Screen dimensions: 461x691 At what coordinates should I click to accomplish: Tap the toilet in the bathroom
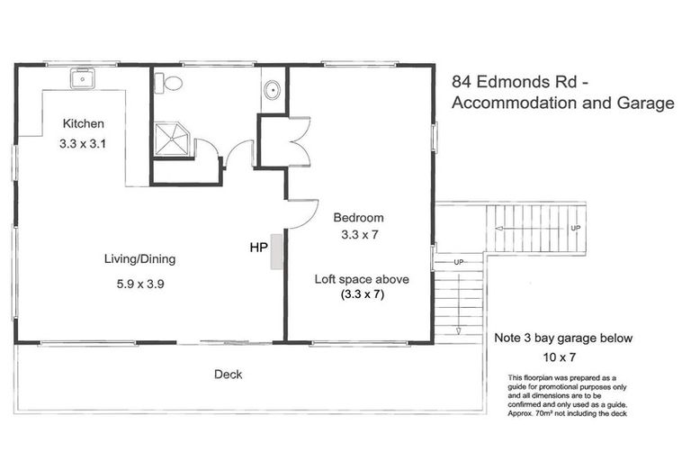[x=168, y=84]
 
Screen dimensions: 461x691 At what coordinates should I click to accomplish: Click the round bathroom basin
[x=273, y=89]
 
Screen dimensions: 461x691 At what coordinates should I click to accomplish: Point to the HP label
[x=259, y=245]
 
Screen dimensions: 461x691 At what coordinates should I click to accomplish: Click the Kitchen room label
[x=84, y=123]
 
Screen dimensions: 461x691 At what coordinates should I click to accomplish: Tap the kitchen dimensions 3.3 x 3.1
[x=84, y=142]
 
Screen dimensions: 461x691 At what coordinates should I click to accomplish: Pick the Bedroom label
[x=358, y=217]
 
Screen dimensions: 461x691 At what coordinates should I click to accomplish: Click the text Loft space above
[x=362, y=279]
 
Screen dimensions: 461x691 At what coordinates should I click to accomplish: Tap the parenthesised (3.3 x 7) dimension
[x=362, y=294]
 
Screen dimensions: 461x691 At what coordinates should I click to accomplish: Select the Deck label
[x=228, y=375]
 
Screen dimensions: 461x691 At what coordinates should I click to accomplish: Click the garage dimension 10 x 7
[x=564, y=357]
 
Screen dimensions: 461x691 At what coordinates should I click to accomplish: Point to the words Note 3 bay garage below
[x=564, y=339]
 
